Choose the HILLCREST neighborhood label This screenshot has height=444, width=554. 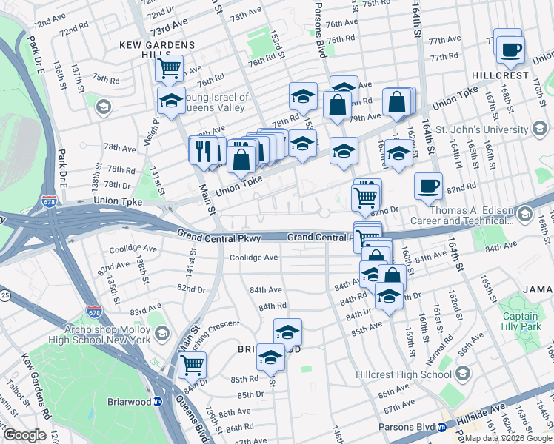[501, 75]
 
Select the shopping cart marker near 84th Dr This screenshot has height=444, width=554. [191, 363]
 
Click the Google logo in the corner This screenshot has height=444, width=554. [24, 434]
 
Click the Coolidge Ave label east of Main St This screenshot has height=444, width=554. [253, 258]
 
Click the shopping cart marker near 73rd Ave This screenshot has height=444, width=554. [170, 69]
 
